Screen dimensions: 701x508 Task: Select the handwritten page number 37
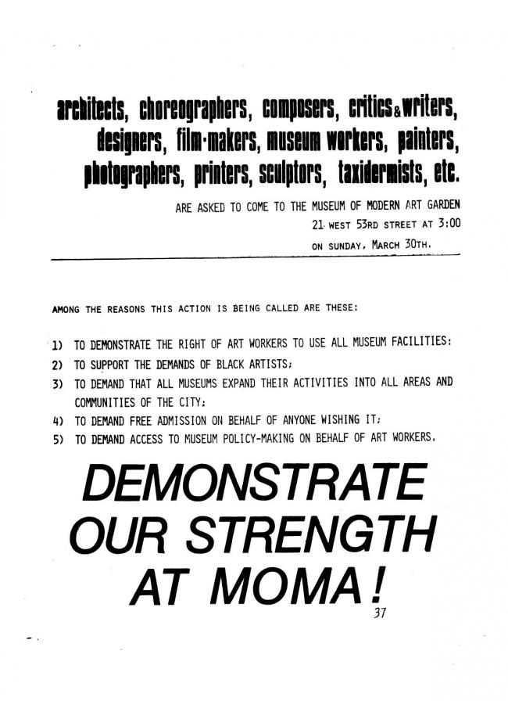[380, 613]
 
